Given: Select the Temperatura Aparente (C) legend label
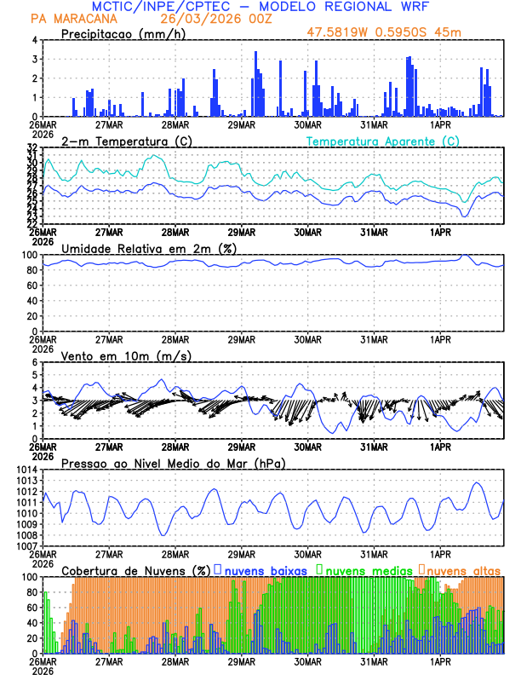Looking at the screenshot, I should click(x=382, y=141).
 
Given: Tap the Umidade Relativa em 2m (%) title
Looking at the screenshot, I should click(x=149, y=248).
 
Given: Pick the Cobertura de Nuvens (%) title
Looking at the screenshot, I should click(x=136, y=570).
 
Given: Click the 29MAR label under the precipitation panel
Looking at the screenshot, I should click(x=242, y=124).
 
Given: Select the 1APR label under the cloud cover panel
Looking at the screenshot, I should click(x=441, y=661).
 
